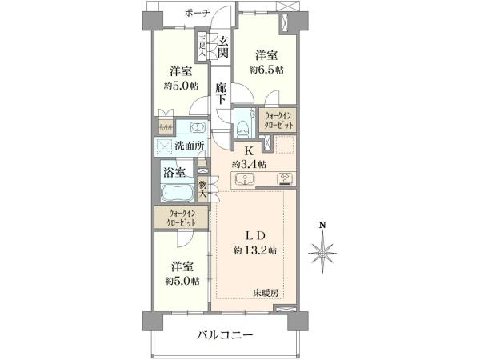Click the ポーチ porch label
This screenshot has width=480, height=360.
(198, 13)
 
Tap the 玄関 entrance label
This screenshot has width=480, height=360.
(223, 46)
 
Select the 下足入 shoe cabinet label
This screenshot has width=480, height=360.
(202, 46)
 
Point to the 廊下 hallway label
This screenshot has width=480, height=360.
(221, 94)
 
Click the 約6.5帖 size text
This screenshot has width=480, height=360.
(266, 70)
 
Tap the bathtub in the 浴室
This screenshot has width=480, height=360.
(177, 193)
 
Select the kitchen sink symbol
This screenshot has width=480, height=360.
(245, 179)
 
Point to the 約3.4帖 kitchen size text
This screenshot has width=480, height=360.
(249, 165)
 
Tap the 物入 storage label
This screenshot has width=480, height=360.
(202, 190)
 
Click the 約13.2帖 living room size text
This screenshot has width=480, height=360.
(255, 251)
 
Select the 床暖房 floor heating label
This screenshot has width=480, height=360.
(266, 293)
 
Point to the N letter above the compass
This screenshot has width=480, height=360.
(322, 226)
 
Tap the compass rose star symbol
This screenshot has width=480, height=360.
(322, 253)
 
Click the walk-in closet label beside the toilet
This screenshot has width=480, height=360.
(278, 120)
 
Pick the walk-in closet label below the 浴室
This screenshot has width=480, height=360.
(182, 218)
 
